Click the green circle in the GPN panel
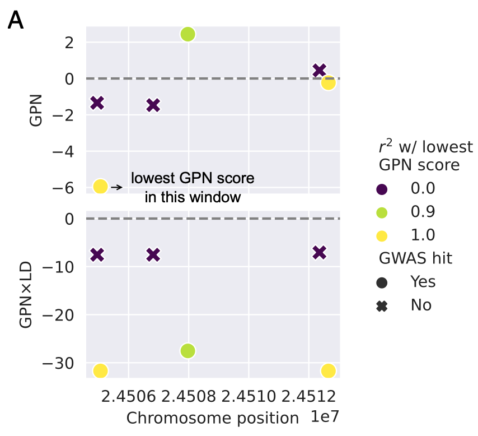coord(188,34)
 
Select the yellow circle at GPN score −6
coord(100,186)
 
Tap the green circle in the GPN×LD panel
coord(188,351)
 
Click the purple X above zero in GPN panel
coord(320,70)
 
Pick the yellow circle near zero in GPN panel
coord(328,83)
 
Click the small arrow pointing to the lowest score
coord(116,187)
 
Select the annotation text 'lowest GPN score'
coord(193,179)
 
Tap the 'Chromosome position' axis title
coord(212,419)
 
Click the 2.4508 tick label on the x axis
coord(188,398)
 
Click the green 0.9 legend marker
coord(382,212)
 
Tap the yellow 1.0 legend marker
coord(382,235)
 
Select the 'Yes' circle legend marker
coord(382,282)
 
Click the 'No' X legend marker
coord(382,305)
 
